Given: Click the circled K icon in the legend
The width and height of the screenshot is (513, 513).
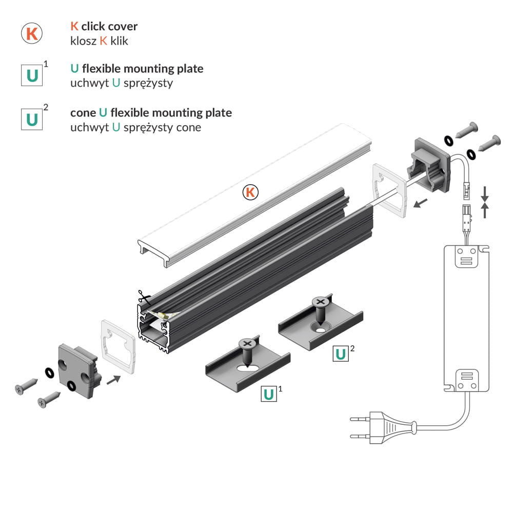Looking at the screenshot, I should (x=31, y=33).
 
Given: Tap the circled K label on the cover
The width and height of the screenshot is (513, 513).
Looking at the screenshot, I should (x=250, y=192).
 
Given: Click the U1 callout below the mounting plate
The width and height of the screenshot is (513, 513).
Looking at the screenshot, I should (x=268, y=394).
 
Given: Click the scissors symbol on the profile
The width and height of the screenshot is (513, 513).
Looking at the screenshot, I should (x=142, y=298).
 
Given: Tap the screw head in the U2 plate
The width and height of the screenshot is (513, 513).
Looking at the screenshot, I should (x=321, y=303).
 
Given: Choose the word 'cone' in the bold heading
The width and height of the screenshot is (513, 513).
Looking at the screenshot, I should (x=83, y=112).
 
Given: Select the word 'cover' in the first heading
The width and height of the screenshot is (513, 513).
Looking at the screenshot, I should (x=123, y=26).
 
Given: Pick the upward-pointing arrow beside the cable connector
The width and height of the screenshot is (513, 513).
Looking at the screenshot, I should (x=485, y=211).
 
